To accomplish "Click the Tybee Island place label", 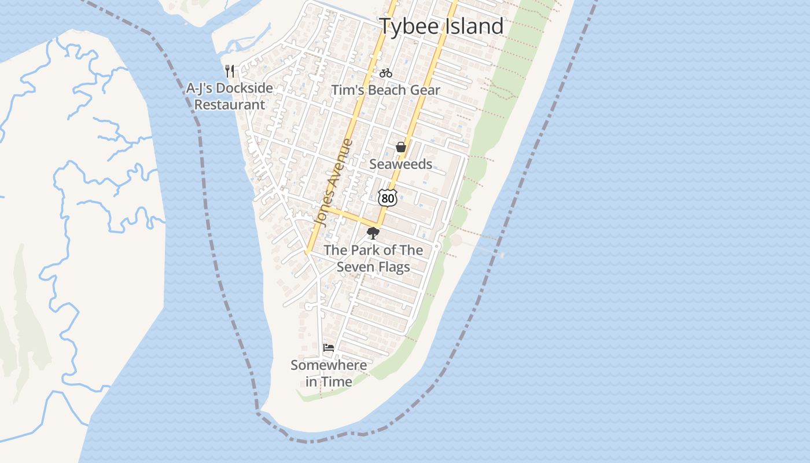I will (441, 27).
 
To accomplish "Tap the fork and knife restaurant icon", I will (230, 71).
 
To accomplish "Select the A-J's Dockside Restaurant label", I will (230, 97).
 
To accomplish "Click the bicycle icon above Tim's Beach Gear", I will (386, 73).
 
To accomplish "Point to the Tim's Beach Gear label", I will (385, 90).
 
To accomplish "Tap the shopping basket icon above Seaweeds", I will (400, 148).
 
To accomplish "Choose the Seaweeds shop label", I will (400, 164).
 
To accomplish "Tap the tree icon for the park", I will (373, 233).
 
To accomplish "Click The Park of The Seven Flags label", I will (373, 259).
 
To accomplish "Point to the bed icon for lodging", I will (329, 348).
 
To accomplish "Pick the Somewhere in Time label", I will (329, 373).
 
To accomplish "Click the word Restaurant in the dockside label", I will (230, 105).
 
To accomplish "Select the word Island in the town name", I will (473, 27).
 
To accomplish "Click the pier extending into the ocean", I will (480, 247).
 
